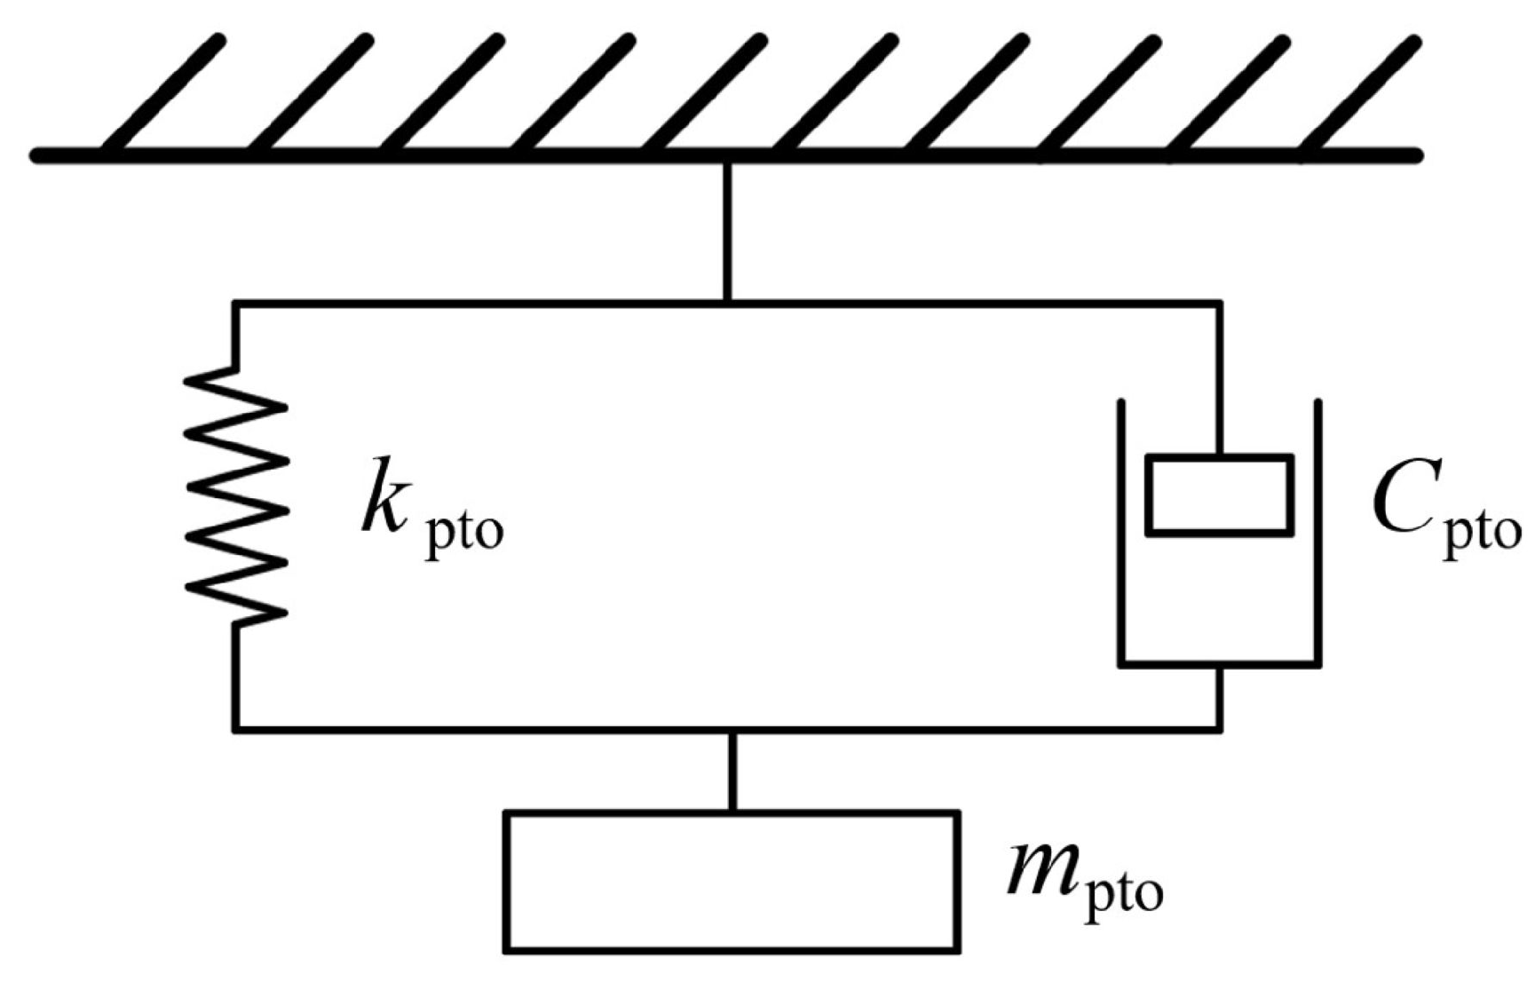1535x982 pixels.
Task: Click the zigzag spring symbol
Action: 236,495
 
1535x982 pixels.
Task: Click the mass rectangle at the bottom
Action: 732,882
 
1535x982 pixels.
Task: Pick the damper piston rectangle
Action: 1219,495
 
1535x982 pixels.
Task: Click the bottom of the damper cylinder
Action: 1219,663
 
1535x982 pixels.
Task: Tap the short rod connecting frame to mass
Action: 732,771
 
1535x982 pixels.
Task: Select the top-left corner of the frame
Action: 236,305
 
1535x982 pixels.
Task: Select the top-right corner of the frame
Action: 1220,305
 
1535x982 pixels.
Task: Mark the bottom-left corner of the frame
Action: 236,730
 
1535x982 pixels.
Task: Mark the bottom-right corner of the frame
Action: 1220,730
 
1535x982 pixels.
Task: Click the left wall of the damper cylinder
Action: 1122,533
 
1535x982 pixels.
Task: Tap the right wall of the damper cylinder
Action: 1317,533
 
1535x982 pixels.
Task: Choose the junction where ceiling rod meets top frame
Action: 727,304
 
